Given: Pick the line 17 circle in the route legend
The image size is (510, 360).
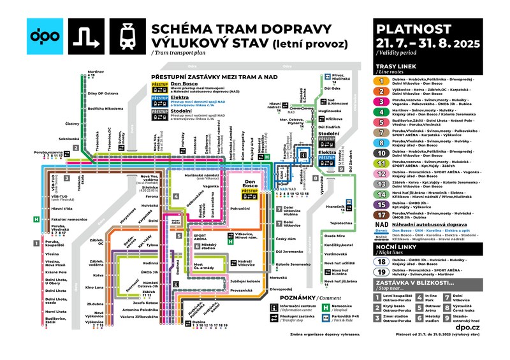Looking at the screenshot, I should (382, 215).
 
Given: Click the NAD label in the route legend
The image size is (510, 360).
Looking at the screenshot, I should (382, 226).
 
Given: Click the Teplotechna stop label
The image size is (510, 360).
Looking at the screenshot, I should (342, 224).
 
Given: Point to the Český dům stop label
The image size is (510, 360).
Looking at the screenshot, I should (285, 239).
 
